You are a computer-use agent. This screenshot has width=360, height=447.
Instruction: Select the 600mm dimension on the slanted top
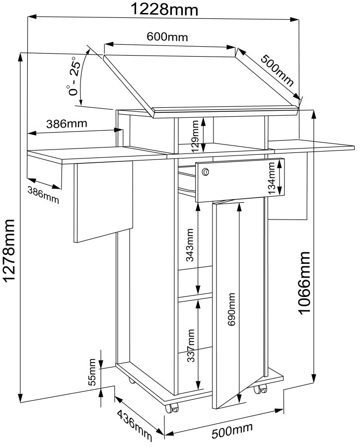(x=167, y=37)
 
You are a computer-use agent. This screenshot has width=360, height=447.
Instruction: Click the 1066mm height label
(x=304, y=282)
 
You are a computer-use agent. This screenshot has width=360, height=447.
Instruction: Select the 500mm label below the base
(x=232, y=431)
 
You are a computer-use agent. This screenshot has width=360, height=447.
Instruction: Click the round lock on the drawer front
(x=206, y=172)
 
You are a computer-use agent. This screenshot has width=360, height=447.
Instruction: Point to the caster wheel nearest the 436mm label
(x=172, y=408)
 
